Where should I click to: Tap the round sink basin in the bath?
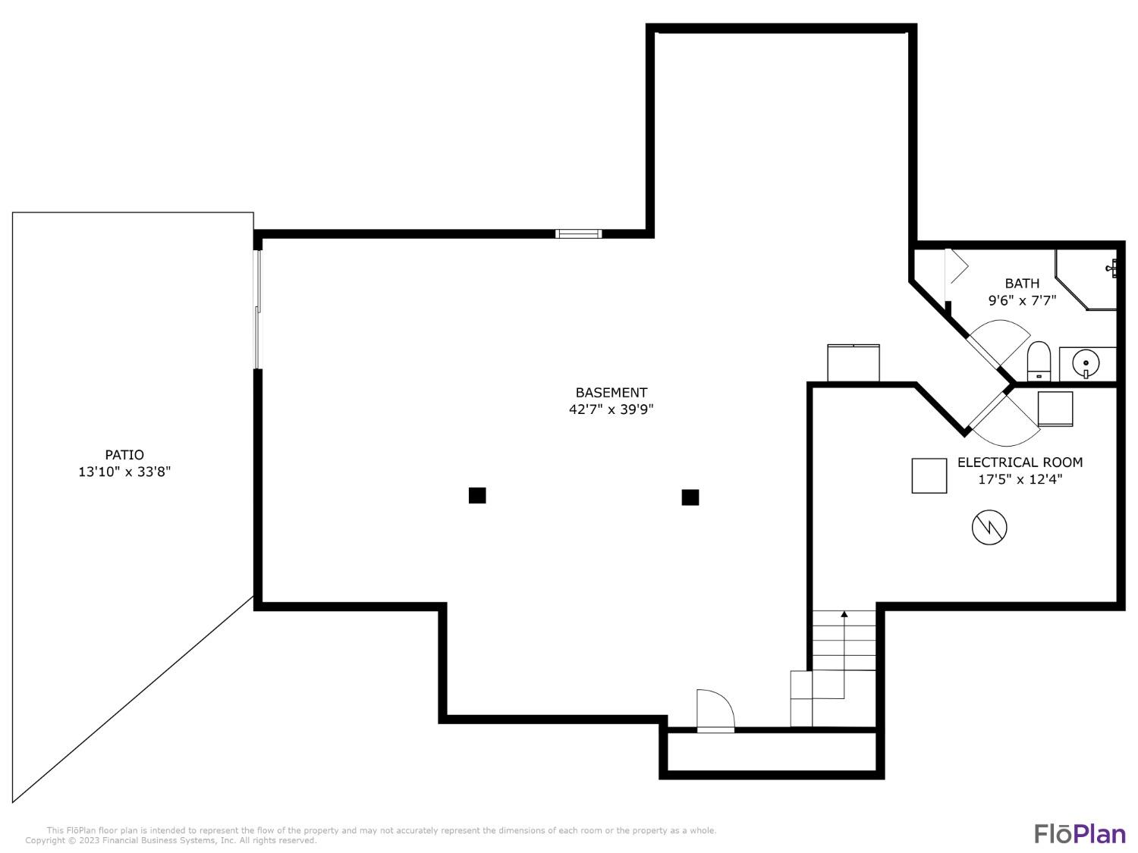pyautogui.click(x=1085, y=363)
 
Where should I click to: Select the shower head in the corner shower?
pyautogui.click(x=1111, y=268)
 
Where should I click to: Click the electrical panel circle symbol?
pyautogui.click(x=989, y=527)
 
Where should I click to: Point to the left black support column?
pyautogui.click(x=477, y=495)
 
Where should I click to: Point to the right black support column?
pyautogui.click(x=690, y=497)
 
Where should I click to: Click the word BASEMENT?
pyautogui.click(x=611, y=392)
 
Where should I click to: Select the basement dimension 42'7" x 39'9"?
pyautogui.click(x=611, y=409)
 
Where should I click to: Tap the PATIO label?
pyautogui.click(x=124, y=455)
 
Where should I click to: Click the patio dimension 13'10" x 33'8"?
pyautogui.click(x=124, y=472)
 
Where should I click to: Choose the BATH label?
pyautogui.click(x=1022, y=284)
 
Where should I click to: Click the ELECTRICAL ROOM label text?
pyautogui.click(x=1020, y=462)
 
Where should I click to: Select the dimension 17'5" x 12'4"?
pyautogui.click(x=1020, y=479)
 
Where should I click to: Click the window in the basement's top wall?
pyautogui.click(x=579, y=234)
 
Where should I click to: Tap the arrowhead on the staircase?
pyautogui.click(x=844, y=613)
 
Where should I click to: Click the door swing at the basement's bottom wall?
pyautogui.click(x=715, y=710)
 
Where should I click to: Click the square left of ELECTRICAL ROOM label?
pyautogui.click(x=929, y=475)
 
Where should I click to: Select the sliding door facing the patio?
pyautogui.click(x=257, y=309)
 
